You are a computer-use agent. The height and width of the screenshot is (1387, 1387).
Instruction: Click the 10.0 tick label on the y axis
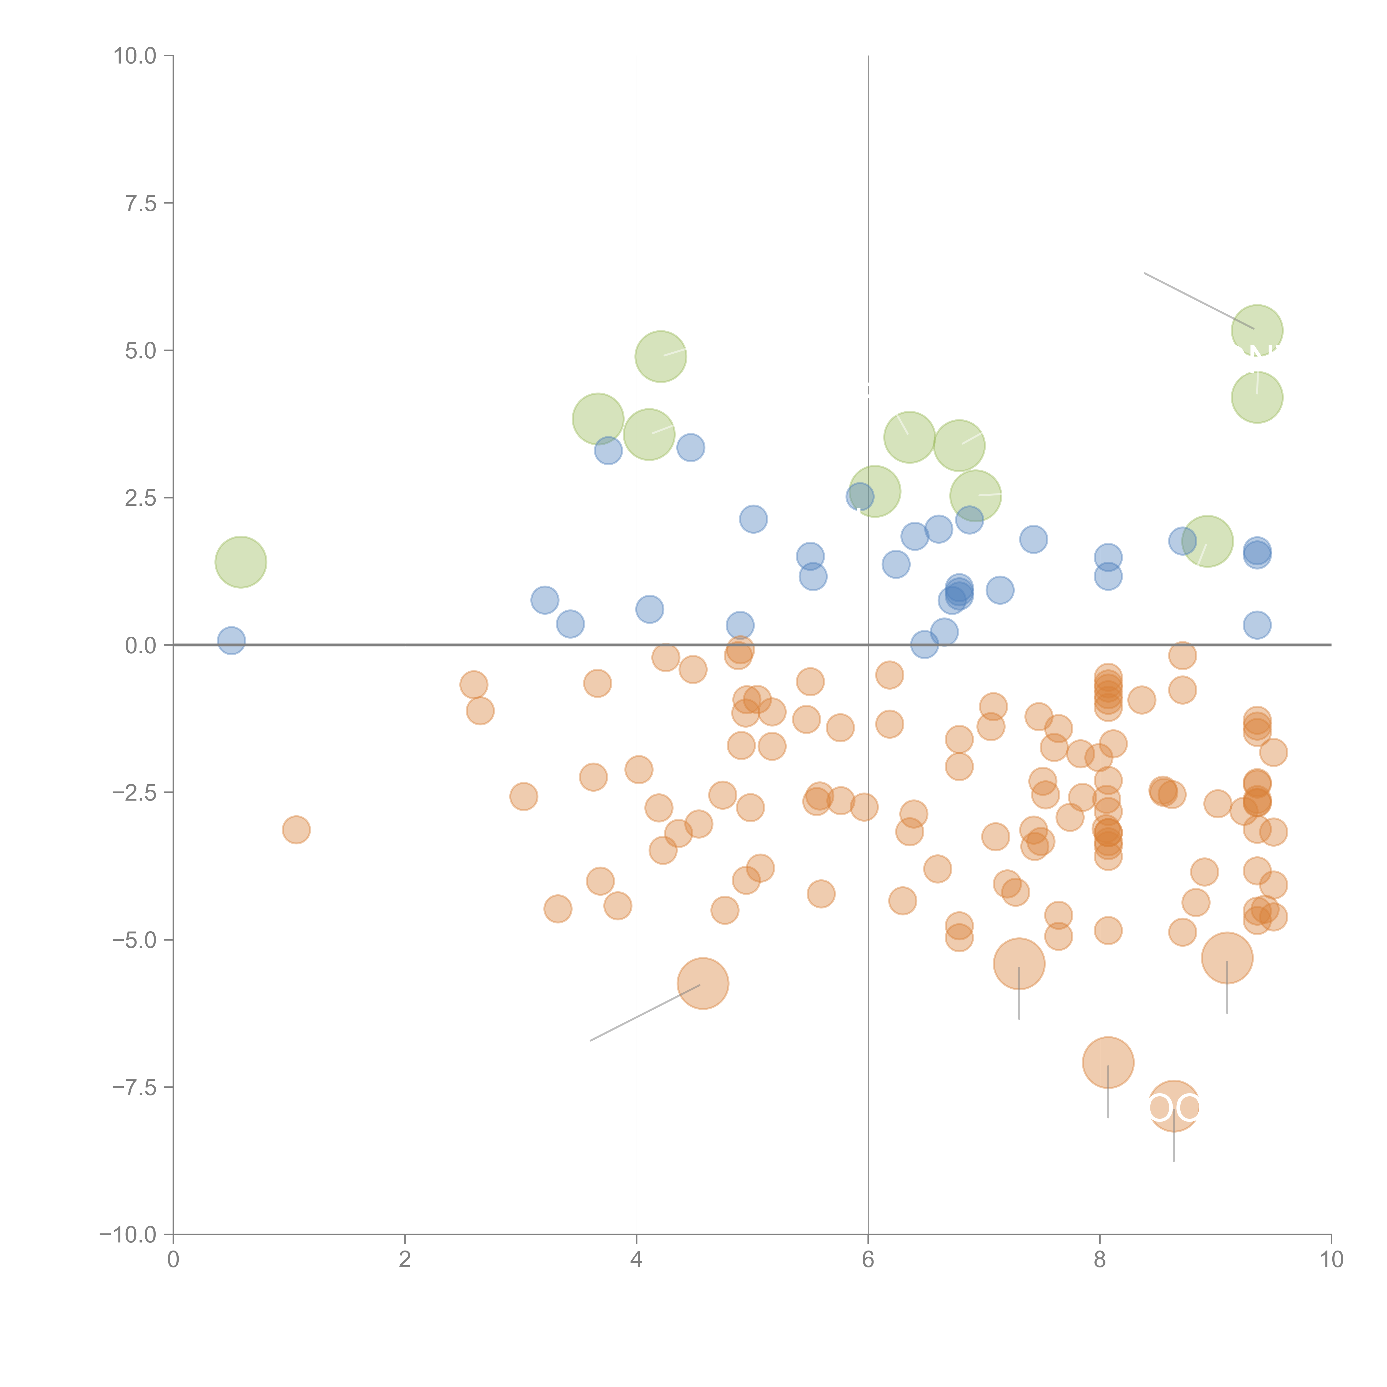pyautogui.click(x=135, y=56)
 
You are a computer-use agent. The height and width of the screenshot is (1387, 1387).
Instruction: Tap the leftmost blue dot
pyautogui.click(x=231, y=640)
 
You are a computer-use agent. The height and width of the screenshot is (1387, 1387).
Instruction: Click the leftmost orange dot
pyautogui.click(x=296, y=830)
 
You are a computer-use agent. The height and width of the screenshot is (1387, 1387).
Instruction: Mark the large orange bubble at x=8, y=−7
pyautogui.click(x=1108, y=1062)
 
